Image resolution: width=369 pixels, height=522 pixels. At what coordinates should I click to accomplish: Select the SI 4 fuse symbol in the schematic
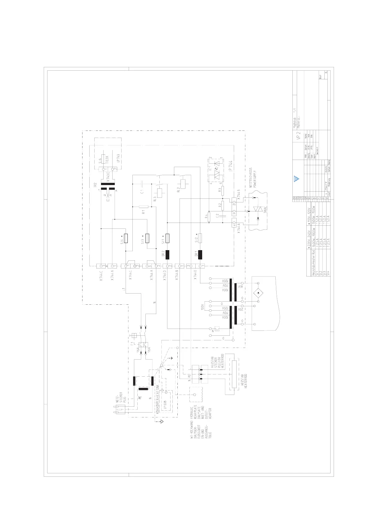click(x=126, y=238)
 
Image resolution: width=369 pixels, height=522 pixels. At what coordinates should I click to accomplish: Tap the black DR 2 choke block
click(x=167, y=254)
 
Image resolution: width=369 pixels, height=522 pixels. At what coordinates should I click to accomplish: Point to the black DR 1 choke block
click(x=200, y=254)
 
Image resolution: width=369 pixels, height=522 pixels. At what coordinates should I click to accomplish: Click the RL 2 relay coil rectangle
click(x=183, y=184)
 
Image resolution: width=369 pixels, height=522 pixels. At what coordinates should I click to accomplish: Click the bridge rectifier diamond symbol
click(x=257, y=293)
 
